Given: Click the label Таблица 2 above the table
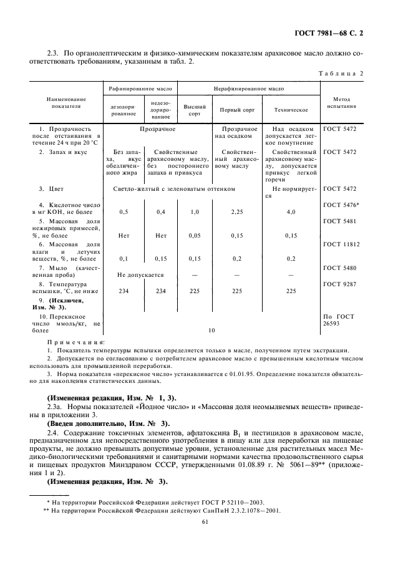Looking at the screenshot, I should coord(343,73).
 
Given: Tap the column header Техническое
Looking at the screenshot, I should coord(291,109).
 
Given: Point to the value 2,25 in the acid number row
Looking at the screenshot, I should coord(236,212).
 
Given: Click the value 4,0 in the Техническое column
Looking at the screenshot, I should coord(291,212).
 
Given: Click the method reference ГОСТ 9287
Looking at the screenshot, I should coord(341,284).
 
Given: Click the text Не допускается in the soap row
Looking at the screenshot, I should coord(140,275).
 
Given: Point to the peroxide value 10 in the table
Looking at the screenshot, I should coord(211,330).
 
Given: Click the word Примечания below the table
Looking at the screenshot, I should coord(76,342).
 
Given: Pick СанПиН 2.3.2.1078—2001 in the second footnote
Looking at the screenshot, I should coord(244,510).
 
